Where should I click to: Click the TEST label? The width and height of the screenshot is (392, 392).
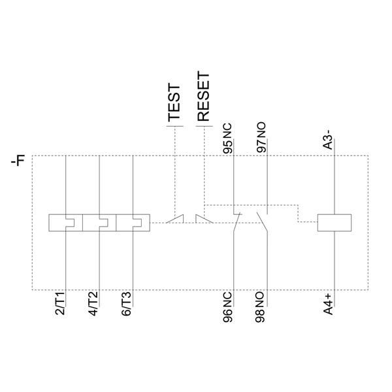(174, 104)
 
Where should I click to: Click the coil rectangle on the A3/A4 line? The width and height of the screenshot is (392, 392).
(335, 223)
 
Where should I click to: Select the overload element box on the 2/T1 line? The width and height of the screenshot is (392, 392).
(66, 223)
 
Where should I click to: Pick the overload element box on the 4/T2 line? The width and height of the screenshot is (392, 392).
(99, 223)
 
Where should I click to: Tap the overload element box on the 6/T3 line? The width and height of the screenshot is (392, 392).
(133, 223)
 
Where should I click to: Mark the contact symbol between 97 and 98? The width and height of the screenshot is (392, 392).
(264, 222)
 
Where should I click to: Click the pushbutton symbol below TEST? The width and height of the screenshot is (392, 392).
(174, 219)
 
